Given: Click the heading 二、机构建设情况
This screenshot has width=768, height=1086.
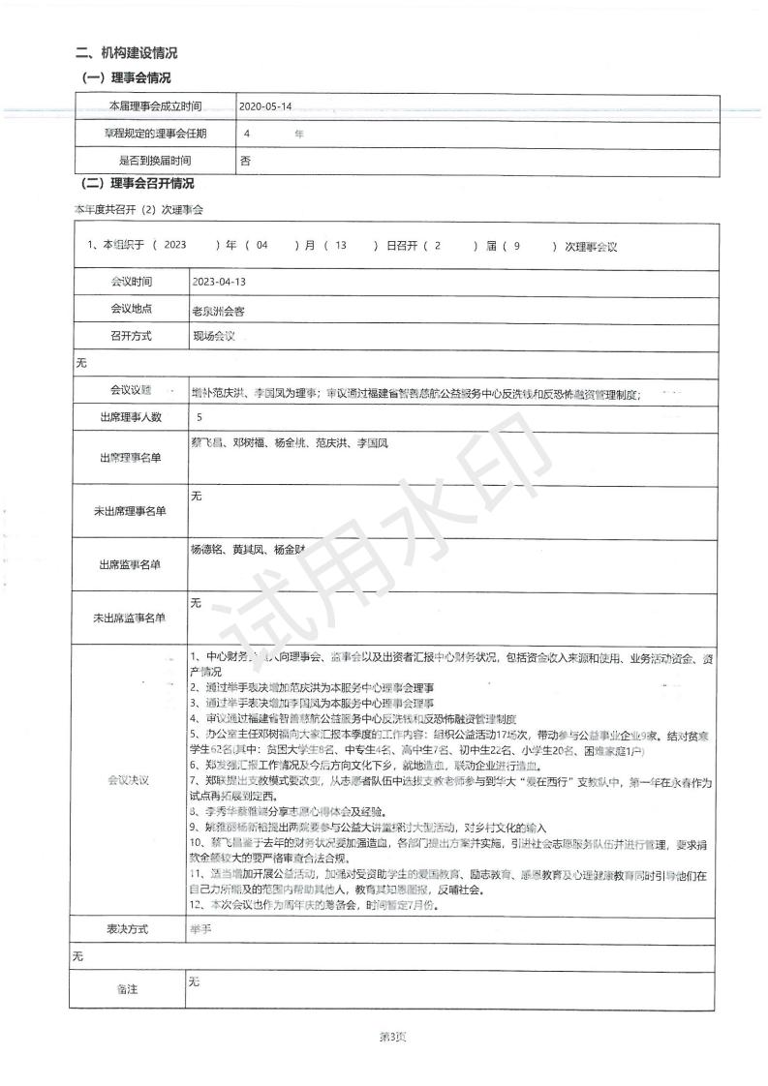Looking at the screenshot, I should [x=127, y=54].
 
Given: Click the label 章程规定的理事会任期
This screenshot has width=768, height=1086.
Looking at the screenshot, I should [x=155, y=134].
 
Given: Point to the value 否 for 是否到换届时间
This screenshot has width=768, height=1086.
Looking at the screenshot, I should [x=244, y=162].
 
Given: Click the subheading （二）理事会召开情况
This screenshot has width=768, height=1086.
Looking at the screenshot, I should [x=136, y=184].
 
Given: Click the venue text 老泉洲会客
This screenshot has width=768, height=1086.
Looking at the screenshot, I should [x=228, y=310].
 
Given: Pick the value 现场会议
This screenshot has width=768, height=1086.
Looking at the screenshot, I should [x=214, y=337].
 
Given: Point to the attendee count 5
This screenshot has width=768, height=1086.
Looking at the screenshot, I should [x=199, y=418].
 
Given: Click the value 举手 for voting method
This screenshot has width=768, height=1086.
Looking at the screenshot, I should [x=200, y=929].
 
